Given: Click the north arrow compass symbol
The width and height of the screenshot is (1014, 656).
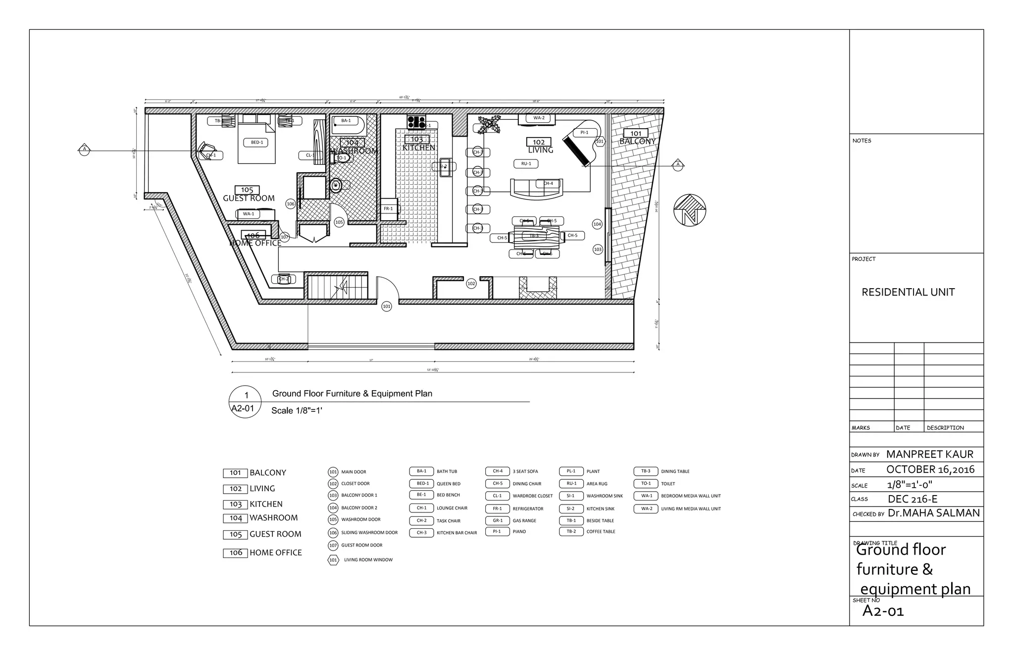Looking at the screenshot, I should (x=689, y=210).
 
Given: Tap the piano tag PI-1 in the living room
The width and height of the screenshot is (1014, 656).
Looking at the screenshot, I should (x=584, y=132).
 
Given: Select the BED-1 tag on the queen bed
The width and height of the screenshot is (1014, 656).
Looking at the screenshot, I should (x=256, y=143).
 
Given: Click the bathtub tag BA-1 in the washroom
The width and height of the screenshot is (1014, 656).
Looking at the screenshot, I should (x=346, y=121).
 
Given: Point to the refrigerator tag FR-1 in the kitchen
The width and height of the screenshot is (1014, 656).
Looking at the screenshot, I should (x=388, y=209).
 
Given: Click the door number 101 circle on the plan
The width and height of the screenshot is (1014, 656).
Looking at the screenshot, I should (x=386, y=306).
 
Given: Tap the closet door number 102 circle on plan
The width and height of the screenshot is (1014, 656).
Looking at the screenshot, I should (x=471, y=284).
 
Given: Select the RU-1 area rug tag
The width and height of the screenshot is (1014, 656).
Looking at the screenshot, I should (x=526, y=164).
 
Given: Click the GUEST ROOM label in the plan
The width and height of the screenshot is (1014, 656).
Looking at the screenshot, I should (x=249, y=199).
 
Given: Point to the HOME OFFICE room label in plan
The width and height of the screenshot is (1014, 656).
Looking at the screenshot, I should (x=255, y=243).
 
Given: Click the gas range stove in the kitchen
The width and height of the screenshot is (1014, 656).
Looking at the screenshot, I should (x=416, y=121).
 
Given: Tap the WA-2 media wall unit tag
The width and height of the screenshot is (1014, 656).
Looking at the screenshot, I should (x=539, y=118).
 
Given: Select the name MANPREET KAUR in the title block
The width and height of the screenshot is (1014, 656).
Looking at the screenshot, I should (x=929, y=454).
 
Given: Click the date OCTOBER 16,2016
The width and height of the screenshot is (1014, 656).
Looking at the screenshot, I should (x=930, y=469).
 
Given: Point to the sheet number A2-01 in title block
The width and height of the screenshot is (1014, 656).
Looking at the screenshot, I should (x=883, y=611).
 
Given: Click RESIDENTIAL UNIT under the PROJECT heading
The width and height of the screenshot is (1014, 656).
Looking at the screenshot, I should (x=908, y=292).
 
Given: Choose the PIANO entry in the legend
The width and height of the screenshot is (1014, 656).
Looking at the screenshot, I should (x=519, y=532).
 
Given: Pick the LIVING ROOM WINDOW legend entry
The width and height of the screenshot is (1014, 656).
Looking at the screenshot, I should (x=368, y=560).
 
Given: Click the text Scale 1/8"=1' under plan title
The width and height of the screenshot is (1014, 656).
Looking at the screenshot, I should (x=297, y=410).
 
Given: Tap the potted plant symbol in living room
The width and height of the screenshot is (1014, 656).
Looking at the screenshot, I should (x=489, y=124).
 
